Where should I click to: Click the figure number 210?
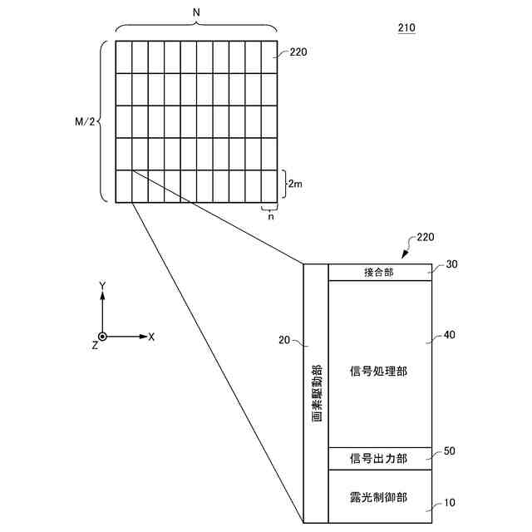[x=406, y=28]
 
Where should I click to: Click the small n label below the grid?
[x=270, y=216]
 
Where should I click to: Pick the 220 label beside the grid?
[x=299, y=52]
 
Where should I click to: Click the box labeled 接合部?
[x=379, y=272]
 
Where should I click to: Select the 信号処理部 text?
[x=379, y=370]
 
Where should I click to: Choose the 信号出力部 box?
[x=379, y=458]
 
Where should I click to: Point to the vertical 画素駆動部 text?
[x=317, y=392]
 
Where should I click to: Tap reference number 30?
[x=452, y=265]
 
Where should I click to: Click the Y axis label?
[x=102, y=286]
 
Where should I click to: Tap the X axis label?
[x=151, y=337]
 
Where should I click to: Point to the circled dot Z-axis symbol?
[x=102, y=337]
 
